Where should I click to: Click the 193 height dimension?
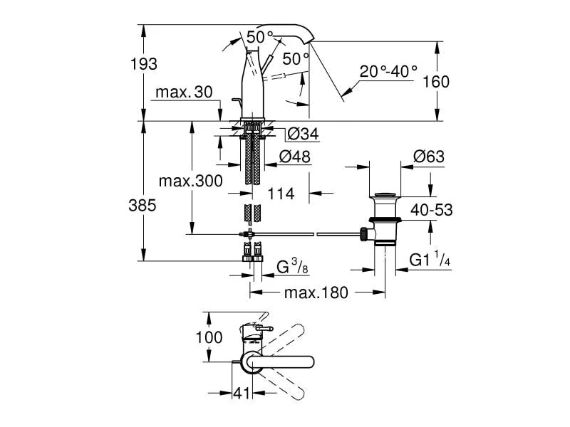point(143,64)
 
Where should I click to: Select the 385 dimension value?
point(143,206)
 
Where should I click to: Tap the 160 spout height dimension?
point(435,82)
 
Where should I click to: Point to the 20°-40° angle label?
point(388,71)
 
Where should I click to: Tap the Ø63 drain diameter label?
point(429,157)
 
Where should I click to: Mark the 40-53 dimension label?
point(430,209)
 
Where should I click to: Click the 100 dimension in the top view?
point(209,337)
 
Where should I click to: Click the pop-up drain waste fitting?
point(385,221)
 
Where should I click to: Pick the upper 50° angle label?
point(260,36)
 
